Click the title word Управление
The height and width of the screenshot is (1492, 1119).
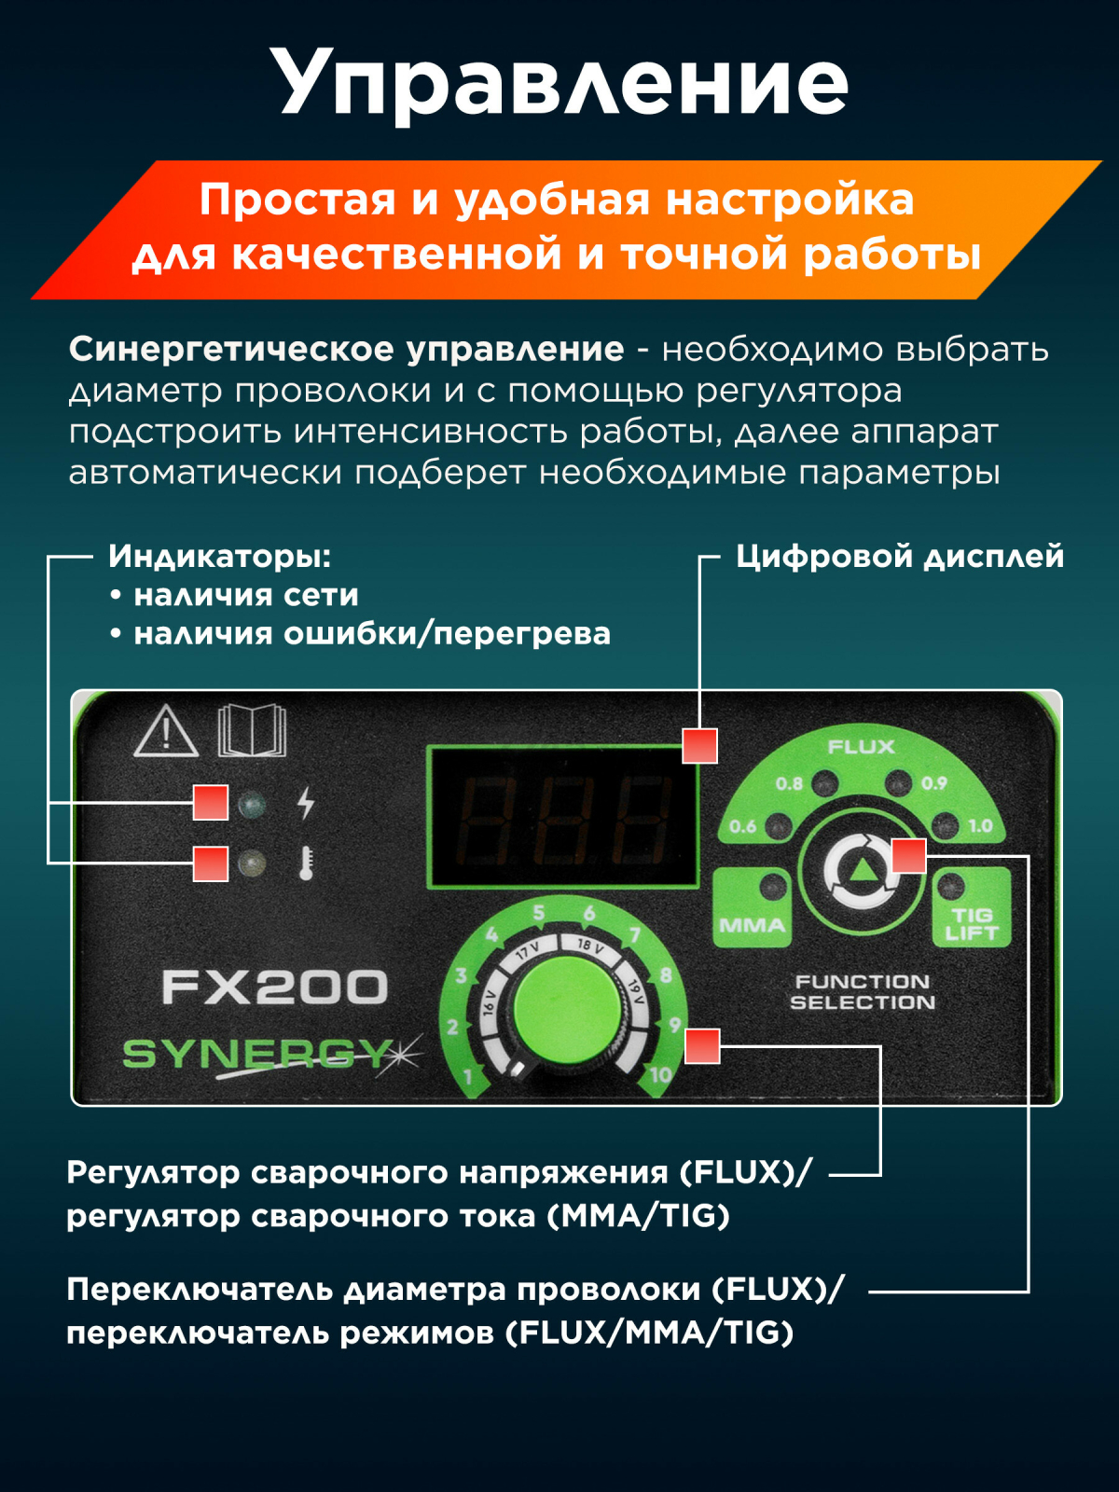click(562, 83)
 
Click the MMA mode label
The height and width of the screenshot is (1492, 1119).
click(752, 925)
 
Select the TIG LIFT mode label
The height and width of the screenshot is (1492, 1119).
click(972, 924)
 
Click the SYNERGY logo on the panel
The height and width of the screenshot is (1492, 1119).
click(271, 1056)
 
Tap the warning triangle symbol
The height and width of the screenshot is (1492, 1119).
click(166, 731)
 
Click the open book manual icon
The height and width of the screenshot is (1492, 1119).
click(252, 731)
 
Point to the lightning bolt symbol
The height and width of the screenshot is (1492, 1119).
click(307, 804)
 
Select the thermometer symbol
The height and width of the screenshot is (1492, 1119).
click(307, 863)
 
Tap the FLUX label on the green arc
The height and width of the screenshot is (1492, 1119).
click(861, 747)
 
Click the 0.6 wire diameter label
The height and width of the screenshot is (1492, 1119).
click(742, 826)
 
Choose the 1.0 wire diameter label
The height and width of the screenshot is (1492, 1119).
click(980, 826)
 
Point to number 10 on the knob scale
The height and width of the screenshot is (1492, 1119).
click(660, 1074)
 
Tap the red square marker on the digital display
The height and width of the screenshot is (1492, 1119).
click(699, 746)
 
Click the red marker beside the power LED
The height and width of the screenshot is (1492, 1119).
click(211, 803)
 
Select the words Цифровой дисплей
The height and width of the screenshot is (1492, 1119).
click(900, 557)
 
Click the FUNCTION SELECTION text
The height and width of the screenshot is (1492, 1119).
click(863, 992)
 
